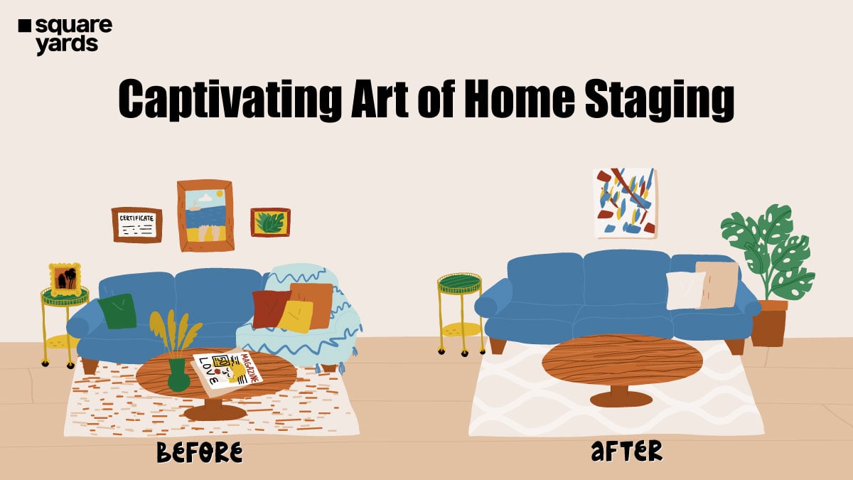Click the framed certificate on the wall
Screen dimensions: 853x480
point(136,225)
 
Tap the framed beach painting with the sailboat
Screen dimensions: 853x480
point(205,215)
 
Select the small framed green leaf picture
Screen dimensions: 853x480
point(270,223)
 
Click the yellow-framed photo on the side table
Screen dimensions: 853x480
point(65,279)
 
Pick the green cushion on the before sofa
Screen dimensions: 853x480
point(117,311)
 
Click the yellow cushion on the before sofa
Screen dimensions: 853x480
point(296,316)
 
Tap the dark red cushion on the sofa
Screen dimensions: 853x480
point(269,309)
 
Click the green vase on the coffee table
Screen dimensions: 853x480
point(178,375)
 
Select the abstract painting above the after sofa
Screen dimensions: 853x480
point(626,203)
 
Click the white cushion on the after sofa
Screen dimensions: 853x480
point(685,290)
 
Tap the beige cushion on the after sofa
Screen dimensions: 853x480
point(717,284)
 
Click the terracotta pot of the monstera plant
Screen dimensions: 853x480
point(769,323)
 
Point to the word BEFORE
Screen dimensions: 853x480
point(200,452)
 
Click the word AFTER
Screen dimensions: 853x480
point(627,451)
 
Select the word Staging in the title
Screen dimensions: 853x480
point(660,100)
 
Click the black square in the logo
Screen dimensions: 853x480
point(25,26)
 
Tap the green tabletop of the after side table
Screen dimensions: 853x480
point(459,283)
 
